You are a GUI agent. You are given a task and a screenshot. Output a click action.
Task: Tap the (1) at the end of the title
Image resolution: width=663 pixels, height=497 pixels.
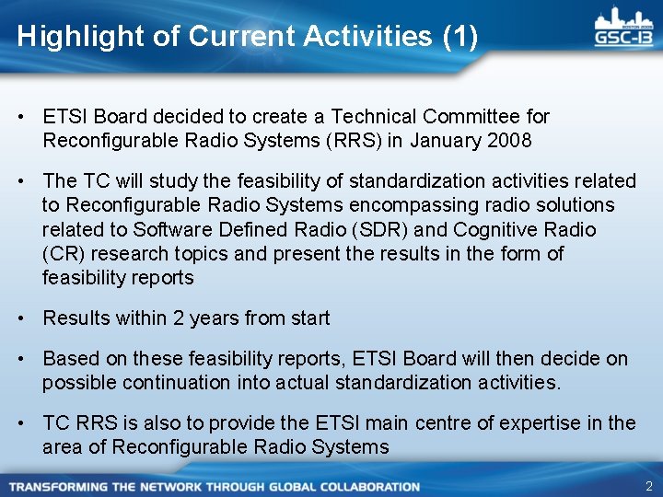[x=460, y=37]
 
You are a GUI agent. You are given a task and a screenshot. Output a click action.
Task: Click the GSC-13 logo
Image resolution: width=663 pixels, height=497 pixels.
[x=624, y=29]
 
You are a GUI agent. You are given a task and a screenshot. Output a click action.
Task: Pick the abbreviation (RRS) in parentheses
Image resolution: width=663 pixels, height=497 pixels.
[x=350, y=141]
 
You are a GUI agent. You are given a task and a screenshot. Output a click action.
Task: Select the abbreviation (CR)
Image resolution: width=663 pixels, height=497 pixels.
[x=61, y=253]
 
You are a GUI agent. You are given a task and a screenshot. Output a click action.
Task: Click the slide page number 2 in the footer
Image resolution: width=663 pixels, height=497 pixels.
[x=648, y=485]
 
